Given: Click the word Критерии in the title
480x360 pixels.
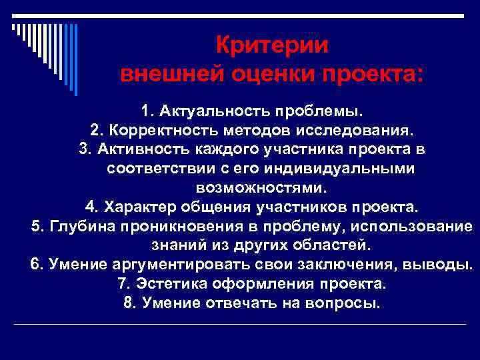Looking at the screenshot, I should (273, 46).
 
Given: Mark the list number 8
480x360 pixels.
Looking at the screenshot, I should (129, 303).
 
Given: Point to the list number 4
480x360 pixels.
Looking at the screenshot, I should (91, 207).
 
